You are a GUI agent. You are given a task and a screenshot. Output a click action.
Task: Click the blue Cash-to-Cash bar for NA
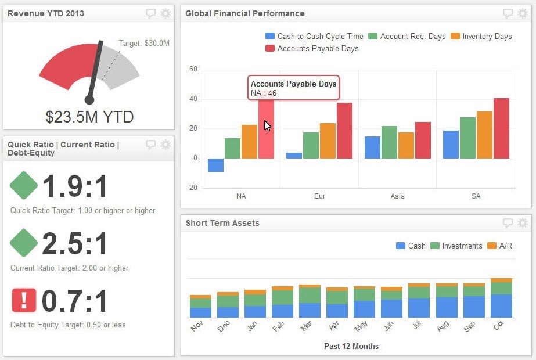coord(215,165)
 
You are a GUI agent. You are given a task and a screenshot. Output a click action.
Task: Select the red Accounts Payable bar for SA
coord(501,128)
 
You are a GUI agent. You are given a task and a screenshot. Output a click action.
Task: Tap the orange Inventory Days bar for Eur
coord(328,141)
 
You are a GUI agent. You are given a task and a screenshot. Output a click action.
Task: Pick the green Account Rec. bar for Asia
coord(389,142)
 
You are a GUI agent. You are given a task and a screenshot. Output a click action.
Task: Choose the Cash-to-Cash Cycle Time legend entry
coord(314,36)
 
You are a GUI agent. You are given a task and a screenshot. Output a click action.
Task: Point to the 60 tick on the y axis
coord(193,69)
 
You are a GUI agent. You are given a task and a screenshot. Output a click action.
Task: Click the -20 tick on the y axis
coord(192,188)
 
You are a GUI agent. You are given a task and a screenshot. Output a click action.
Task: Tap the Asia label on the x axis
coord(398,196)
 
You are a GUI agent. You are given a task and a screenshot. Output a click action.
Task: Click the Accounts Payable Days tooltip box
coord(293,88)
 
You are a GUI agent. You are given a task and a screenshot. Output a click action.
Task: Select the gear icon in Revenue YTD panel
coord(166,13)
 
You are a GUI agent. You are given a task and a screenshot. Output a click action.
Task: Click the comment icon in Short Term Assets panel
coord(508,223)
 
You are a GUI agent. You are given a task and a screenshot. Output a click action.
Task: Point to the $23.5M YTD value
coord(89,117)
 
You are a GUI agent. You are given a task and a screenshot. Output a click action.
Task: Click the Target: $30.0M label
coord(144,43)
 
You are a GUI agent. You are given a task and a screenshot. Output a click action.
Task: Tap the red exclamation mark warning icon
coord(24,300)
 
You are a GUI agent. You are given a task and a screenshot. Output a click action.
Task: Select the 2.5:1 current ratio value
coord(75,243)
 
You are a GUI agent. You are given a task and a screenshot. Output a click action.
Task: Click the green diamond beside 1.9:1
coord(24,185)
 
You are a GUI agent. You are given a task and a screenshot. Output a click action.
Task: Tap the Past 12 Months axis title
coord(351,346)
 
